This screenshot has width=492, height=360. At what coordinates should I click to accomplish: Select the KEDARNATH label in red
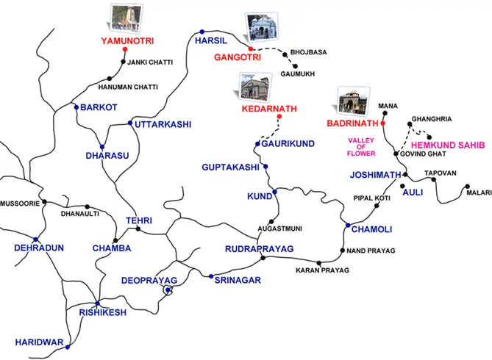(269, 109)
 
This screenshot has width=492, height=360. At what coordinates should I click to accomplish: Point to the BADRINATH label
(352, 123)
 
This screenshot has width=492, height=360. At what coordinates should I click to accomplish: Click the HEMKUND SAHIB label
(444, 145)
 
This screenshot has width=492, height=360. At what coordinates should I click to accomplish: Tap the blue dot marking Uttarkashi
(130, 123)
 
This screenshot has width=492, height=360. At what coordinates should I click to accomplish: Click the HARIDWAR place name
(38, 342)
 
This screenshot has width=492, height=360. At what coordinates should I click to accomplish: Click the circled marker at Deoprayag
(168, 290)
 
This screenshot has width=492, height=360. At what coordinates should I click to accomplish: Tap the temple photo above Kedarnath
(252, 87)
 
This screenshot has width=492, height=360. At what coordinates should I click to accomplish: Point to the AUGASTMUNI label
(277, 229)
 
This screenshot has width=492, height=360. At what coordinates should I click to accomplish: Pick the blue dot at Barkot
(76, 107)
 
